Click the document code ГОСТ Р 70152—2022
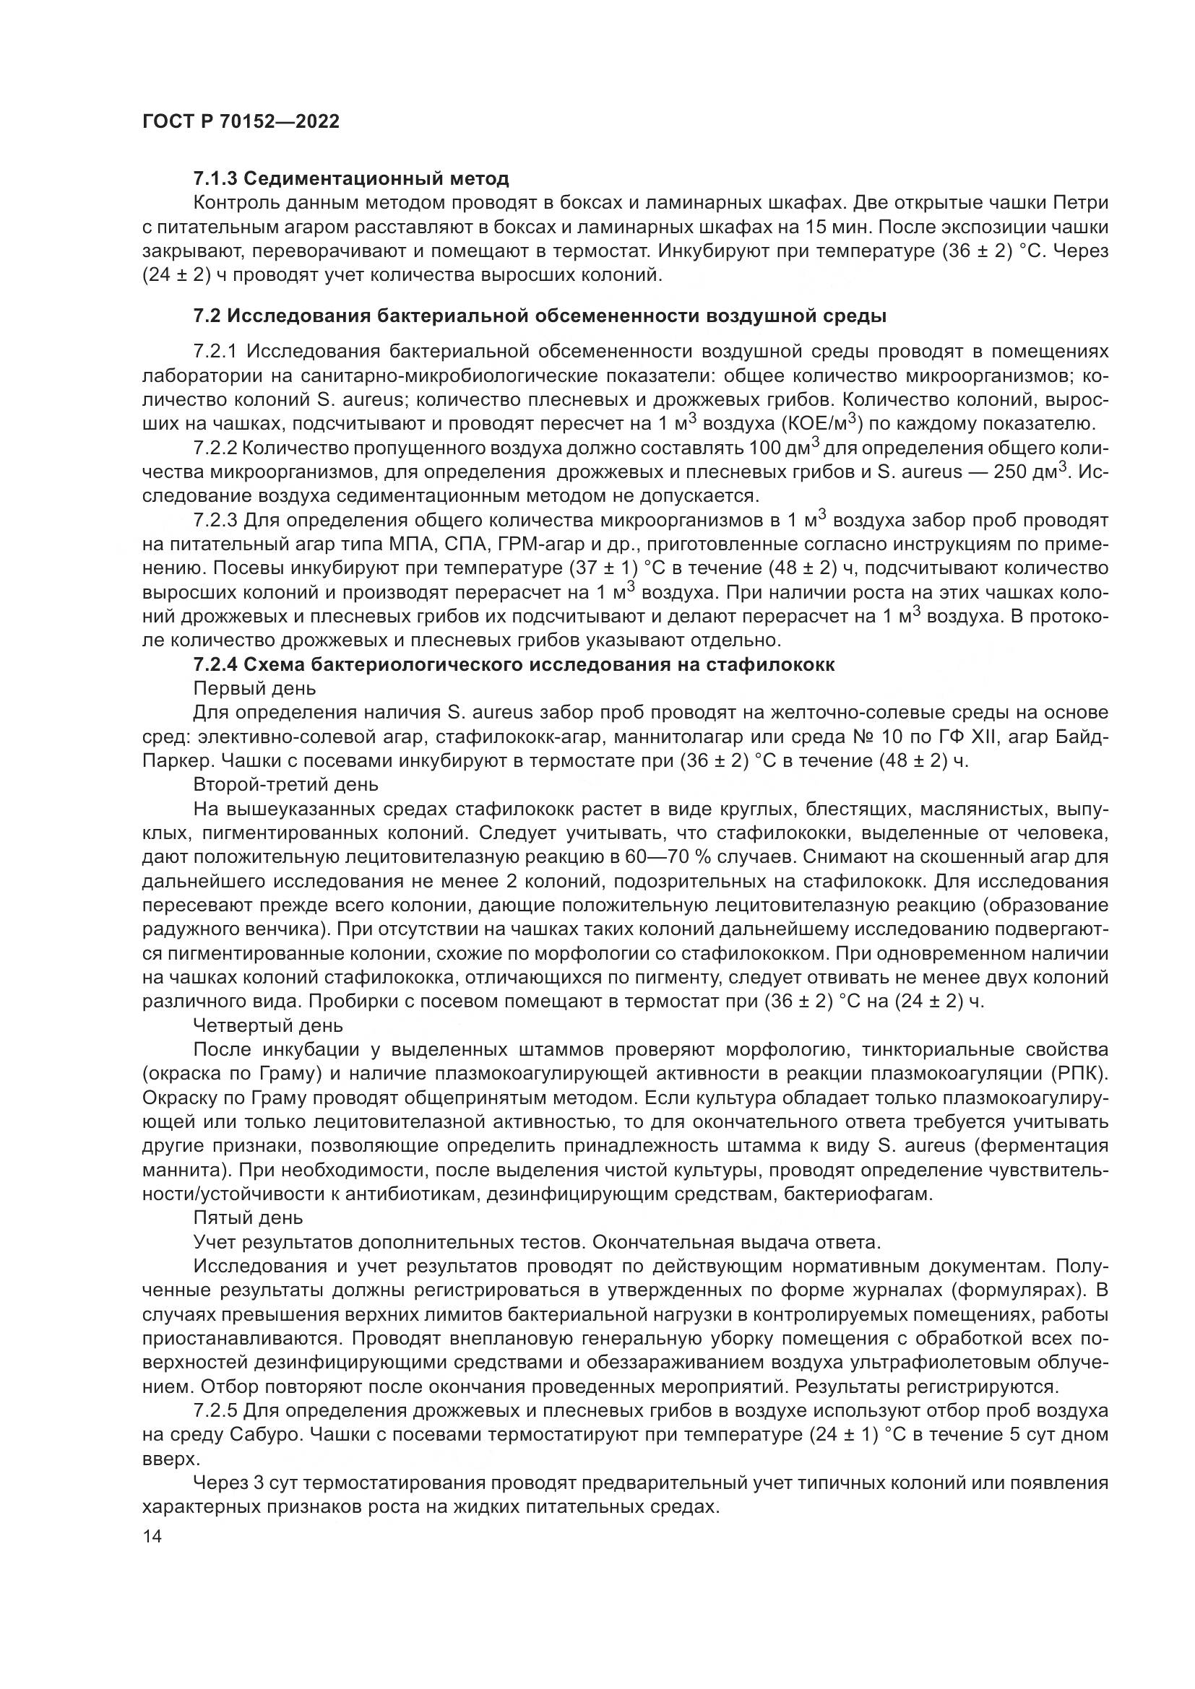(x=241, y=122)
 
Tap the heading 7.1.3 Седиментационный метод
(x=351, y=179)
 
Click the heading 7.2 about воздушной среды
(x=540, y=316)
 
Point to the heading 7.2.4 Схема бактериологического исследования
(x=514, y=665)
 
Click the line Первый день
(x=254, y=689)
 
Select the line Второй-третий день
(x=285, y=785)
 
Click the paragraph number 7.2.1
(x=215, y=352)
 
